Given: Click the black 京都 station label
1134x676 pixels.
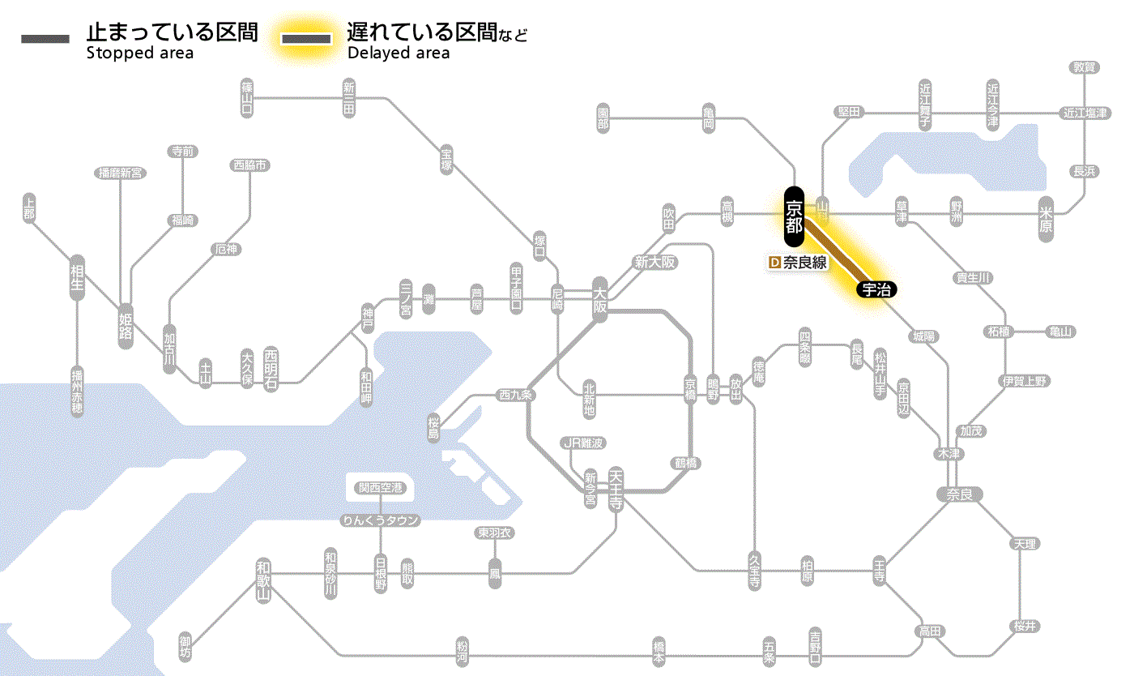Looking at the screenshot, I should tap(794, 216).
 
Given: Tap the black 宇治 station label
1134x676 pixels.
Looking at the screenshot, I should tap(876, 289).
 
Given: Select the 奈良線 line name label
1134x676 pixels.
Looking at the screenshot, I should tap(804, 263).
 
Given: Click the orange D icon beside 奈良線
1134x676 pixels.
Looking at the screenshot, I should tap(774, 263).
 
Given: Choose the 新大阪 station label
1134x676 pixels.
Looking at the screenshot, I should tap(654, 262).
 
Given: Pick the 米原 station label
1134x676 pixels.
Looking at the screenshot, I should tap(1046, 219).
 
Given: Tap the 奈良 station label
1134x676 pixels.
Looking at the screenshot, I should tap(959, 494).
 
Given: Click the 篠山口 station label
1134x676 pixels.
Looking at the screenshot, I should tap(248, 97).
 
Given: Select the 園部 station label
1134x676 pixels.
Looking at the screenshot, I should tap(603, 120).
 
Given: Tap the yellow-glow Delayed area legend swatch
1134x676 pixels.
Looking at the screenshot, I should tap(306, 38).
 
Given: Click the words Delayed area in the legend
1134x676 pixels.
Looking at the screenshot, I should tap(398, 53).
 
